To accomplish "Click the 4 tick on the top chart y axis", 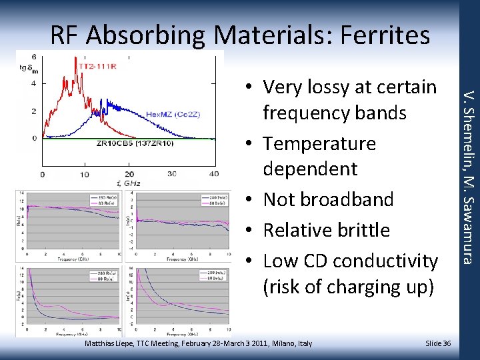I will click(x=34, y=84).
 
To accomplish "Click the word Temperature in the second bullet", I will click(x=319, y=143).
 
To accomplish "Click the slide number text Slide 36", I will click(x=438, y=343).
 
